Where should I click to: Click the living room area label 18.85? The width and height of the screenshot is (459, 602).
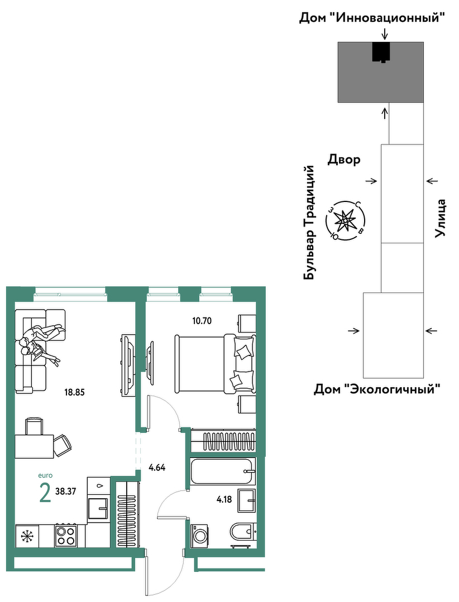74,392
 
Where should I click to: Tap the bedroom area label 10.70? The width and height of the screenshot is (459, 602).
202,321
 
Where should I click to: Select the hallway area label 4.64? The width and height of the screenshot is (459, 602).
157,468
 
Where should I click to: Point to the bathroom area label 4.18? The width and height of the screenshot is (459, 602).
224,499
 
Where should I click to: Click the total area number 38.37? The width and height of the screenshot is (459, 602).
66,492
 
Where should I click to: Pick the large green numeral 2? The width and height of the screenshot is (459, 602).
45,493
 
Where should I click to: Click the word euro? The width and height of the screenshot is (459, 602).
45,475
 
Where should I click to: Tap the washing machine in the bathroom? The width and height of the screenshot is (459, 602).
200,535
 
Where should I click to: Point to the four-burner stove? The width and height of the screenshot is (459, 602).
66,536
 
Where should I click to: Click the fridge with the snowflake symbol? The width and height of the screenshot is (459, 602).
27,536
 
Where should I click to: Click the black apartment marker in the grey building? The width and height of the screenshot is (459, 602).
381,52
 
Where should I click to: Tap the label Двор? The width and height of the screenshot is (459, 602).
344,160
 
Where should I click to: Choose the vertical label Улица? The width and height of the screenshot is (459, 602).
440,218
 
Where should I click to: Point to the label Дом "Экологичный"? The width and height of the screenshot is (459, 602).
377,389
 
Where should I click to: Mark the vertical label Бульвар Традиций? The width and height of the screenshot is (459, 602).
309,223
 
